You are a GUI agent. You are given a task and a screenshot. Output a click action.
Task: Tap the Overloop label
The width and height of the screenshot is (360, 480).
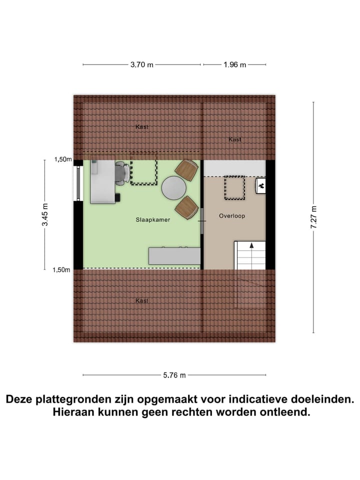[x=231, y=216]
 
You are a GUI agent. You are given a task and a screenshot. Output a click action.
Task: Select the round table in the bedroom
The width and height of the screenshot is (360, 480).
[x=174, y=188]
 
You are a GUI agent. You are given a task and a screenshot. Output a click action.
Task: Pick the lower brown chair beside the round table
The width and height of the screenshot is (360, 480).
[x=186, y=207]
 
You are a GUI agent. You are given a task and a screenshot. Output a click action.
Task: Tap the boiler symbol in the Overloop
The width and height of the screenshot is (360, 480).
[x=261, y=185]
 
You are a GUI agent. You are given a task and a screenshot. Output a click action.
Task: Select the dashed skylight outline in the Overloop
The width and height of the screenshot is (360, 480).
[x=234, y=187]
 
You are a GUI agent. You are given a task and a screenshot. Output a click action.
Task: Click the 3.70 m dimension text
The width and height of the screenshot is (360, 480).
[x=142, y=64]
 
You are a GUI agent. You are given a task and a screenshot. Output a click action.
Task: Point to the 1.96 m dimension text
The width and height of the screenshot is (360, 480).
[x=235, y=64]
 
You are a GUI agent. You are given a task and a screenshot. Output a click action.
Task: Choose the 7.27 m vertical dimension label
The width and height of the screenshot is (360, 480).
[x=313, y=217]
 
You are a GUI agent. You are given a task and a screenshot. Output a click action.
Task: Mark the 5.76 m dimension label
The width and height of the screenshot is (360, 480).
[x=174, y=375]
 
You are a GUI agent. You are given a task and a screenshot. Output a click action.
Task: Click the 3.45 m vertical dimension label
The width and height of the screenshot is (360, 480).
[x=45, y=215]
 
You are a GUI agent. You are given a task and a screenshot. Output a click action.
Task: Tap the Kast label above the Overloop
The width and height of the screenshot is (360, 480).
[x=235, y=139]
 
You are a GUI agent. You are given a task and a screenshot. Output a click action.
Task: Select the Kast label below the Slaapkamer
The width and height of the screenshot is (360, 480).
[x=142, y=300]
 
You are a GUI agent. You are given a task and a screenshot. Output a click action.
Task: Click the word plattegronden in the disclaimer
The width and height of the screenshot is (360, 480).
[x=72, y=399]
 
